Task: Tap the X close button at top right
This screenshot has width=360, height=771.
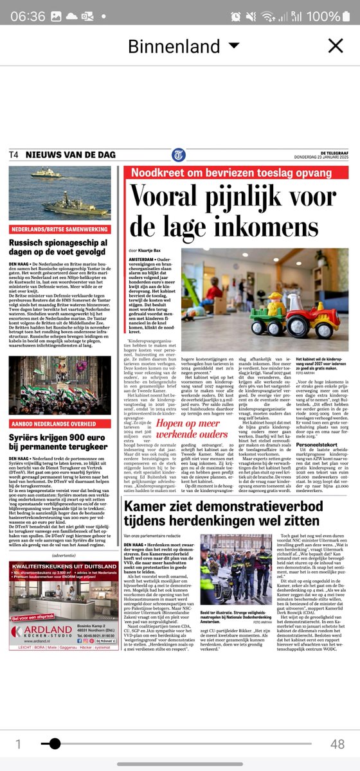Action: click(336, 46)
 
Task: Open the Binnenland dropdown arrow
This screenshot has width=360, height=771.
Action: click(234, 46)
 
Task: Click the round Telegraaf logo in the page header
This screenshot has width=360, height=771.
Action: click(179, 155)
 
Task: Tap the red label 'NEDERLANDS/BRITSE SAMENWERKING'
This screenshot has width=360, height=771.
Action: click(59, 229)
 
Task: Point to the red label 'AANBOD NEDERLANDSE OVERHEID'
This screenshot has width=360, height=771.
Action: click(59, 424)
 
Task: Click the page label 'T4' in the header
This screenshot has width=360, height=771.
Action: click(14, 155)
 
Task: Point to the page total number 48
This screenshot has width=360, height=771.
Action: click(337, 743)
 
